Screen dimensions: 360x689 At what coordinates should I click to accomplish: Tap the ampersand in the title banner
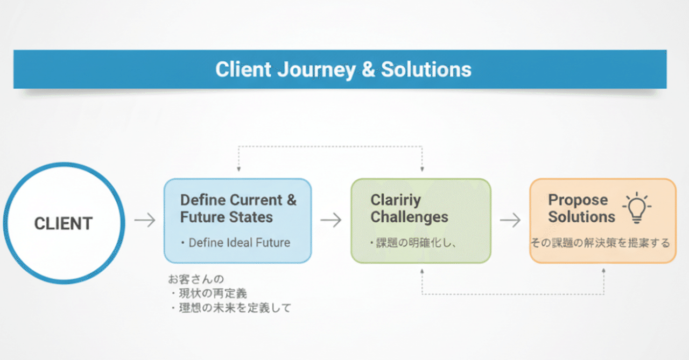pyautogui.click(x=369, y=69)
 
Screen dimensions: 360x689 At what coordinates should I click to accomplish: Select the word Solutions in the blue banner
pyautogui.click(x=426, y=69)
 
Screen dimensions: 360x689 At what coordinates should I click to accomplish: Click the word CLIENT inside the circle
pyautogui.click(x=64, y=223)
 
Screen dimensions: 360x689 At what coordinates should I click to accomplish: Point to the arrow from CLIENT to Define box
pyautogui.click(x=144, y=220)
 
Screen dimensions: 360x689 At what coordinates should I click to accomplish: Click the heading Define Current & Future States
pyautogui.click(x=238, y=209)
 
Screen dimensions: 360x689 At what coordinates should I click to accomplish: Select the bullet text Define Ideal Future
pyautogui.click(x=239, y=243)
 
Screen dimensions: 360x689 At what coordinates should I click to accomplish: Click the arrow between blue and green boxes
pyautogui.click(x=331, y=220)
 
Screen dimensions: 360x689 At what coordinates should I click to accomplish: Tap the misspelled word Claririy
pyautogui.click(x=396, y=200)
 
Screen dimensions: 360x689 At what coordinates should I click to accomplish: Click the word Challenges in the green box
pyautogui.click(x=409, y=217)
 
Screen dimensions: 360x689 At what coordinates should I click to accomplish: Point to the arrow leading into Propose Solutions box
pyautogui.click(x=510, y=220)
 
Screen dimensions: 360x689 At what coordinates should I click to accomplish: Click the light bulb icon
pyautogui.click(x=637, y=208)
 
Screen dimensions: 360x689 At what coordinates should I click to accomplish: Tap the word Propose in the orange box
pyautogui.click(x=578, y=200)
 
